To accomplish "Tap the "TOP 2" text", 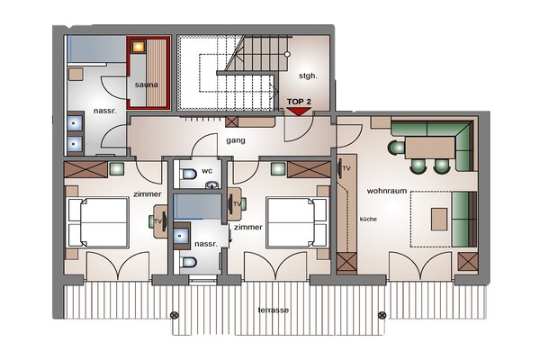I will click(298, 102).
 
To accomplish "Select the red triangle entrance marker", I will click(298, 111).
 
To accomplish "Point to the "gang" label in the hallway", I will click(237, 140).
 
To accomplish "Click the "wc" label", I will click(206, 169).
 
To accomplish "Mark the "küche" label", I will click(369, 219).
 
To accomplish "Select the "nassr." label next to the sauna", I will click(103, 112).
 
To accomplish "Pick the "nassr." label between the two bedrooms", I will click(206, 243).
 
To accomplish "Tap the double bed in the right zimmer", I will click(295, 221).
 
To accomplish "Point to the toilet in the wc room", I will click(186, 174).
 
